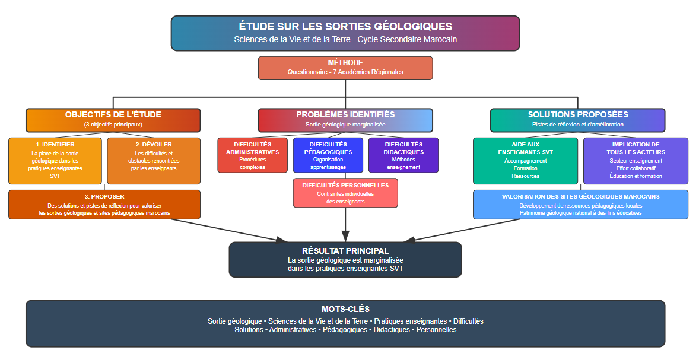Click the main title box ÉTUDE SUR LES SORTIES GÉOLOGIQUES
click(x=345, y=33)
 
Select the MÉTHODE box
click(x=345, y=68)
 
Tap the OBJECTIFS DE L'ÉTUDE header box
click(x=113, y=120)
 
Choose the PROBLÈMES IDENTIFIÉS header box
click(x=345, y=120)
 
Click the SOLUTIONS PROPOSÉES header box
click(x=577, y=120)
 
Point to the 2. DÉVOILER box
click(x=154, y=161)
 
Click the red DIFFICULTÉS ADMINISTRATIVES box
click(x=253, y=155)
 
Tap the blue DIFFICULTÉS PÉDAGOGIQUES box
click(x=328, y=155)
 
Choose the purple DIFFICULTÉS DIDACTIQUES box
click(x=403, y=155)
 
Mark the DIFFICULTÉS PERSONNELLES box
click(x=345, y=193)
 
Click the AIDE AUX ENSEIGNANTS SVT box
click(x=525, y=161)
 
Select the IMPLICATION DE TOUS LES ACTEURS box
click(x=636, y=161)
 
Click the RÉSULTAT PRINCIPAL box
click(x=345, y=259)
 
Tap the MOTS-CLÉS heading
click(x=345, y=309)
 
